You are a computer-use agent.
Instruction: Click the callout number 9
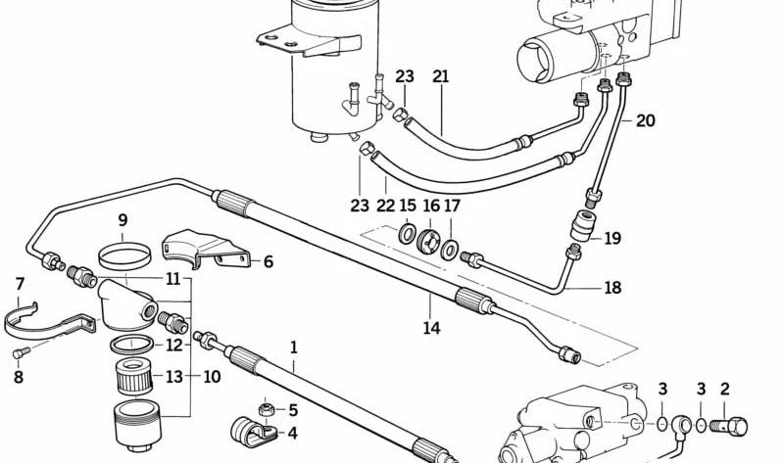coord(122,220)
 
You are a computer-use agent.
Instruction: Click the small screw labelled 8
coord(21,352)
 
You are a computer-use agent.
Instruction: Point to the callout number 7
coord(20,285)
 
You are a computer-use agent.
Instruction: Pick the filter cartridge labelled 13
coord(133,376)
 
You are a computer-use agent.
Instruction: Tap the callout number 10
coord(212,377)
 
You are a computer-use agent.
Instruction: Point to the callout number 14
coord(431,328)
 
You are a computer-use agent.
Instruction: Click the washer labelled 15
coord(407,234)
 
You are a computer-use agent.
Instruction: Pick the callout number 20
coord(645,120)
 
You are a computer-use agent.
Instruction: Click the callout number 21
coord(440,76)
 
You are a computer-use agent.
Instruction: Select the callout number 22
coord(385,205)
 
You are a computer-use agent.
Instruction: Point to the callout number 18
coord(612,288)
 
